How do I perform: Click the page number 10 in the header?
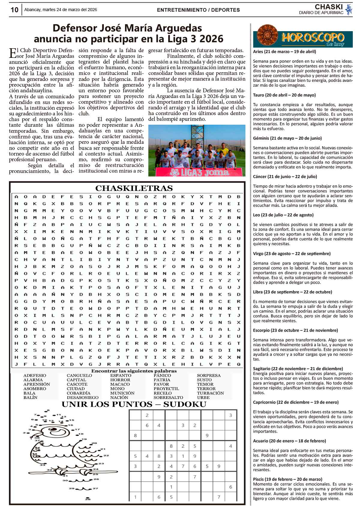coord(14,10)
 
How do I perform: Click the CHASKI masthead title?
coord(329,7)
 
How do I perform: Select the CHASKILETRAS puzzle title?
coord(134,188)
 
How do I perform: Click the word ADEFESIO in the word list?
coord(35,376)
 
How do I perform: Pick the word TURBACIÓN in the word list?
coord(210,393)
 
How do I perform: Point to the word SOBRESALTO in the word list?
coord(168,397)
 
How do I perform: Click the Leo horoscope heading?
coord(283,215)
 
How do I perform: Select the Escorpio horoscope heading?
coord(295,330)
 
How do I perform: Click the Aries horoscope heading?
coord(284,52)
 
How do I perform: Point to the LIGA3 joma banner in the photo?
coord(199,172)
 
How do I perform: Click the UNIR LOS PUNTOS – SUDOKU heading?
coord(134,404)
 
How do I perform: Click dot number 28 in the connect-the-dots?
coord(88,499)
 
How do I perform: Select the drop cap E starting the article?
coord(13,52)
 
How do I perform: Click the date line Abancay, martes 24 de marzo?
coord(61,10)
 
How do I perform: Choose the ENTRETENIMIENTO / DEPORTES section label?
coord(198,10)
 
